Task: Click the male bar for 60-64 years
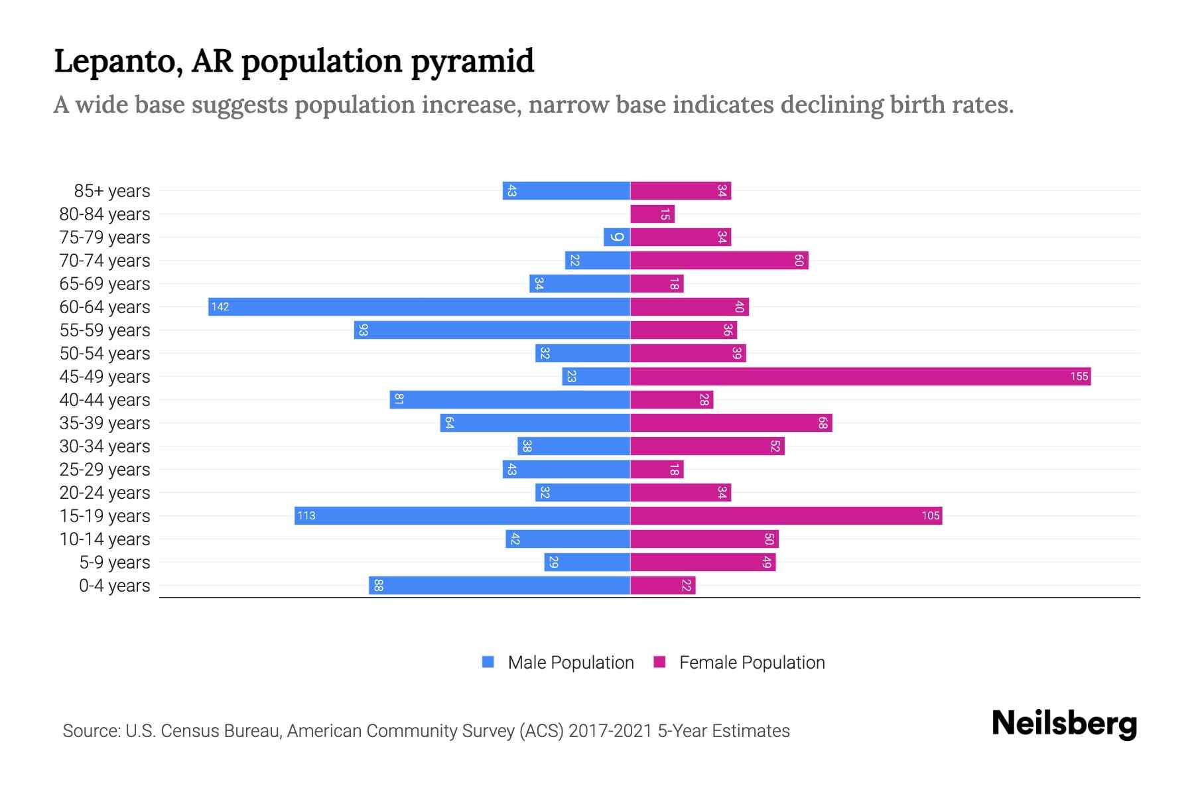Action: [419, 306]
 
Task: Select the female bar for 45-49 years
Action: [860, 376]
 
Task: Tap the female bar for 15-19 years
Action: [786, 515]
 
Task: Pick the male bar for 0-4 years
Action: [499, 585]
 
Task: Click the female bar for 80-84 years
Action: [652, 214]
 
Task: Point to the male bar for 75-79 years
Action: [617, 237]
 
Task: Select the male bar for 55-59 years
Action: [492, 330]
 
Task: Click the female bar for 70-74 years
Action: [719, 260]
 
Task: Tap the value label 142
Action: [220, 306]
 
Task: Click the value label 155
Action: [1079, 376]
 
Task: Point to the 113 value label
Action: [306, 515]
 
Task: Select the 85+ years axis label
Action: [112, 191]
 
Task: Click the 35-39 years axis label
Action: [105, 423]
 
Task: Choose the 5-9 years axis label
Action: [115, 563]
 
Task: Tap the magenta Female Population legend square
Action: [659, 662]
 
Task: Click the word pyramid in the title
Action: [472, 61]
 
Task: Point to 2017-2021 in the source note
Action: [610, 731]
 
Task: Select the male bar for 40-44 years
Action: [509, 399]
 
